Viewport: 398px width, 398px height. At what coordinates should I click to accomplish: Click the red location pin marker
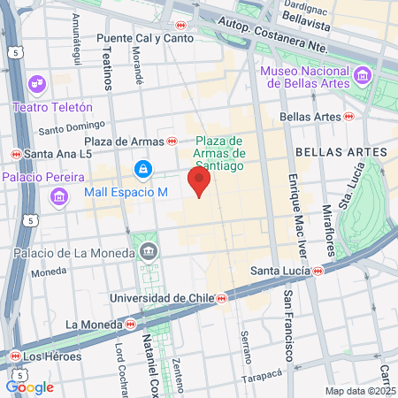(199, 183)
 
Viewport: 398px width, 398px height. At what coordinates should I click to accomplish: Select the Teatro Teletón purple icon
(37, 86)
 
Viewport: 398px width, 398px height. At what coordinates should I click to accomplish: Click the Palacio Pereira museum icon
(59, 194)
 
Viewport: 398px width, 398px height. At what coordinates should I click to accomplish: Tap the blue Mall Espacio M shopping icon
(142, 168)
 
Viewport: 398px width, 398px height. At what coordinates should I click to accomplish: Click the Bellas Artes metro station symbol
(349, 116)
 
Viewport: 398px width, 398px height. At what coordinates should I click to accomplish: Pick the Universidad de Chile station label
(165, 299)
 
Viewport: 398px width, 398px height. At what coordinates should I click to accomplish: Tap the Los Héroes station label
(52, 357)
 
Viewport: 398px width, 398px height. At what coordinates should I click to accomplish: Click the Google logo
(29, 387)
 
